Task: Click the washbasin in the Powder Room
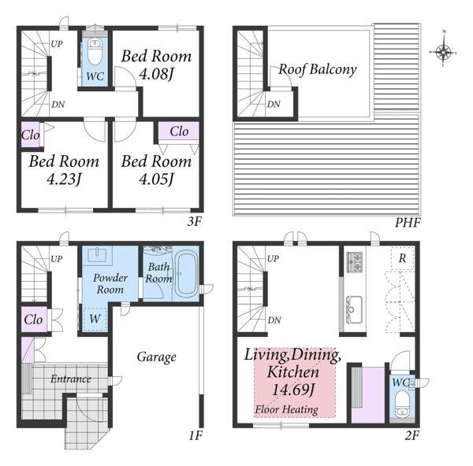97,254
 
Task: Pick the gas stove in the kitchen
355,262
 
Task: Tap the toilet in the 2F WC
402,406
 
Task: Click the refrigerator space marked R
402,258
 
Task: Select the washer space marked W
95,319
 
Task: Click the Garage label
157,357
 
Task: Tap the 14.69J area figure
293,390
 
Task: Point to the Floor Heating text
286,409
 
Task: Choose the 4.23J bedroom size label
64,179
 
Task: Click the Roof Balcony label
318,69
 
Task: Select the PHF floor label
408,223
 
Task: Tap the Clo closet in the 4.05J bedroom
179,131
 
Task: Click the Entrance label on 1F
71,379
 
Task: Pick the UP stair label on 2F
273,258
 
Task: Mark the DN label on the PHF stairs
274,104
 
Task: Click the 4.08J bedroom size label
156,74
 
